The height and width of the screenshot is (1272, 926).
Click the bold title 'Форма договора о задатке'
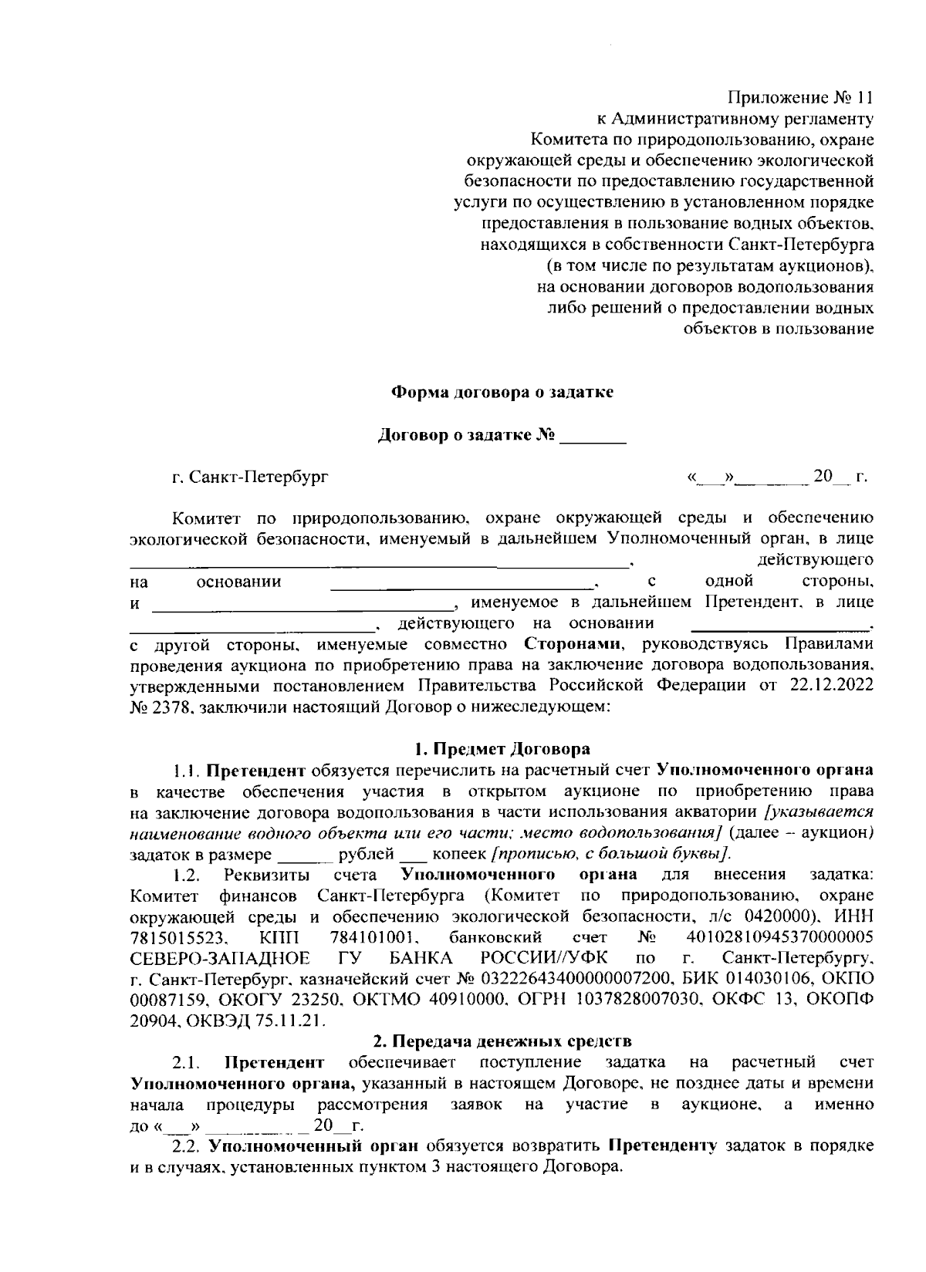(503, 392)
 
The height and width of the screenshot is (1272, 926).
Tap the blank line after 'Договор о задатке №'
(592, 438)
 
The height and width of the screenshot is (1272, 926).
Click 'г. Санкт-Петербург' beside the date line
(250, 477)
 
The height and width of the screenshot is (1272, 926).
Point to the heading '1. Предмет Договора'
(502, 749)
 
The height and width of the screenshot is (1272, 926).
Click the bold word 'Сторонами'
(573, 643)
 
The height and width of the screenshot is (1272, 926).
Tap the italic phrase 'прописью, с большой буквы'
(611, 855)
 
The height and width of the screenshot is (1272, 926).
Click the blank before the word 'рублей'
(304, 856)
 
